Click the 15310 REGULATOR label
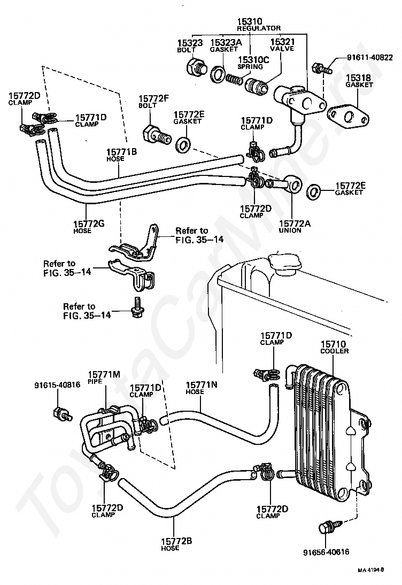(258, 24)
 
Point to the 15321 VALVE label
(282, 44)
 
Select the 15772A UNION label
(294, 227)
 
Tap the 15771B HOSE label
(121, 155)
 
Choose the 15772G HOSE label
(88, 227)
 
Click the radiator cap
(283, 264)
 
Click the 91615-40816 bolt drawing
(61, 412)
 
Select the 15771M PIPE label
(104, 377)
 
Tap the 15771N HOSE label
(202, 388)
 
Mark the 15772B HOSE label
(176, 544)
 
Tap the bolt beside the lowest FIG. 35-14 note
(137, 307)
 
